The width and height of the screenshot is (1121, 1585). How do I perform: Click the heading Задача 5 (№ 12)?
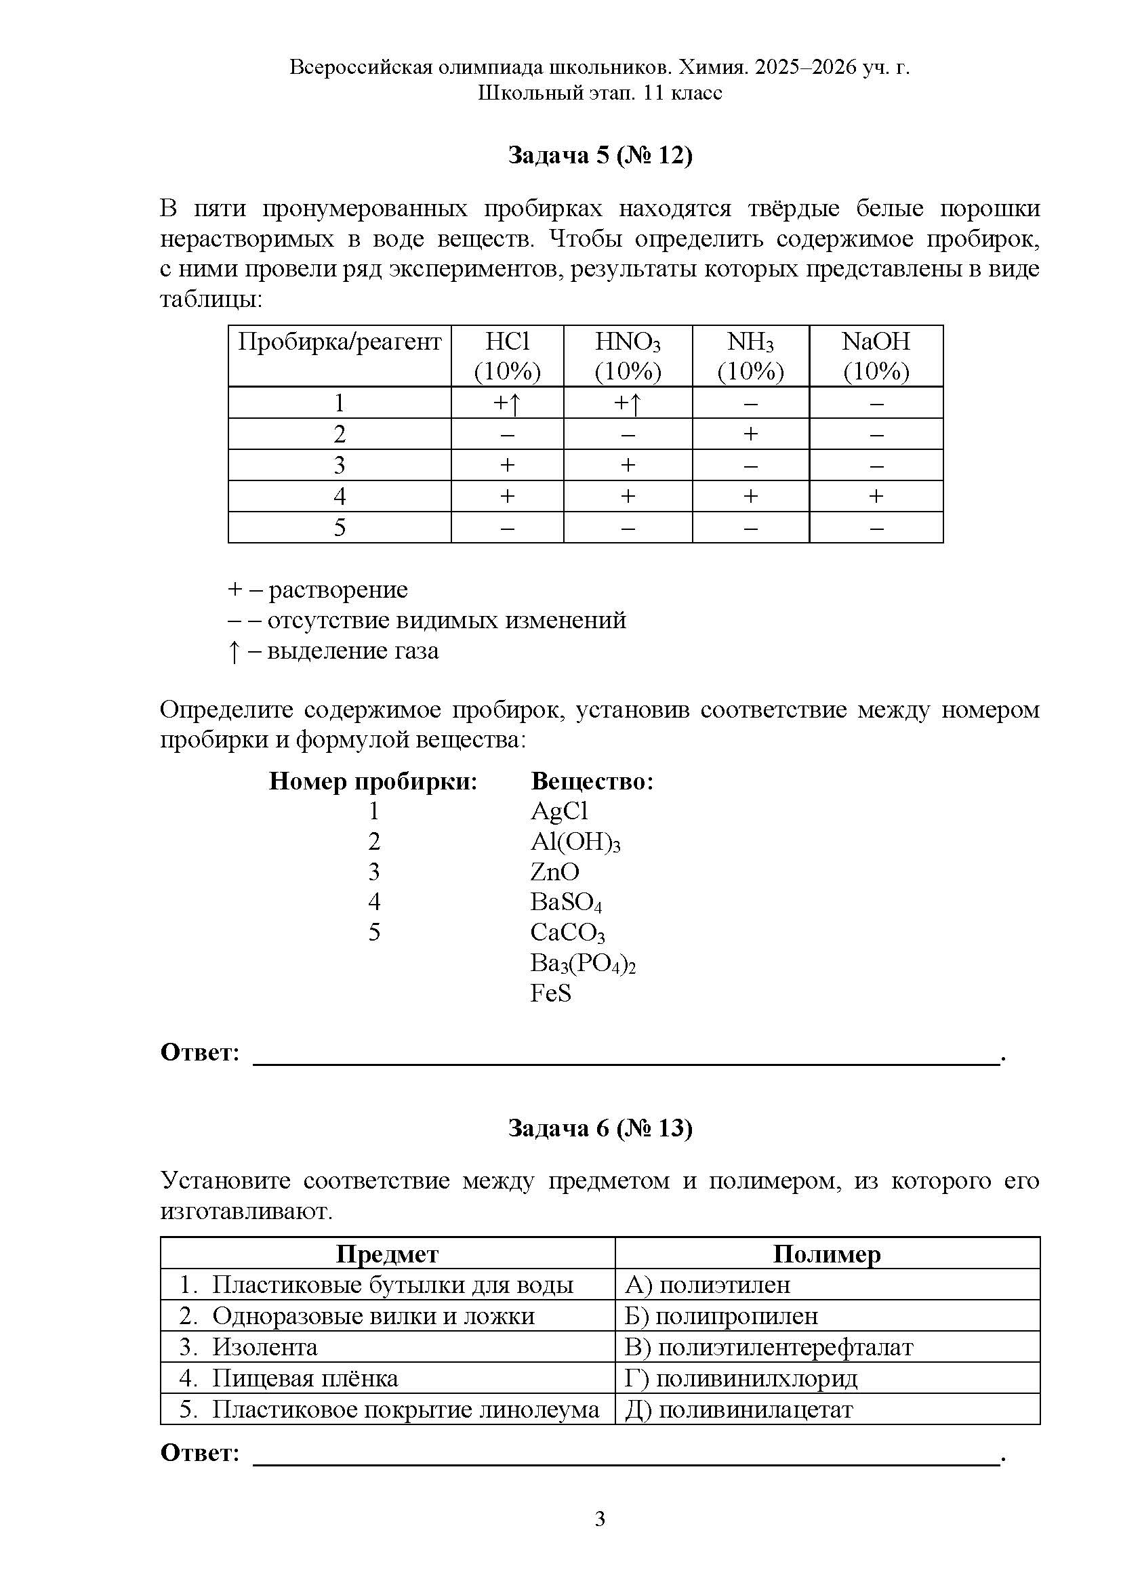tap(600, 155)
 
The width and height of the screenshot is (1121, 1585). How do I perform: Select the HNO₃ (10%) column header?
tap(628, 356)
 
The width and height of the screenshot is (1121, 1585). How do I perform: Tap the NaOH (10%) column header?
tap(875, 356)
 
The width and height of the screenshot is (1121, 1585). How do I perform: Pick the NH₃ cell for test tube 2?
tap(750, 434)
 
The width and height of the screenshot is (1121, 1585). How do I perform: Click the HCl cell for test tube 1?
tap(507, 403)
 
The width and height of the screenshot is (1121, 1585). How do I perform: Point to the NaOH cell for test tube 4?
tap(875, 496)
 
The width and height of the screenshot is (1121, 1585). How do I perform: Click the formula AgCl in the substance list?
tap(559, 811)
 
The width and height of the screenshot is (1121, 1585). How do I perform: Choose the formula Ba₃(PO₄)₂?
tap(583, 963)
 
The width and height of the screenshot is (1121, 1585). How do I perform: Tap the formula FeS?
tap(551, 993)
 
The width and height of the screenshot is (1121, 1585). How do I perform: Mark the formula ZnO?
tap(554, 872)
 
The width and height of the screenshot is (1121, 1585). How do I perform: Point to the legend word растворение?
tap(338, 590)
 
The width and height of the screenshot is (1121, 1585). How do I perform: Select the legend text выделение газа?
tap(352, 651)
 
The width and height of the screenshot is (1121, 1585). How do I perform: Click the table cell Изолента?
tap(265, 1346)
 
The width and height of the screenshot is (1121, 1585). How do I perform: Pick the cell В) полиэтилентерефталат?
tap(769, 1346)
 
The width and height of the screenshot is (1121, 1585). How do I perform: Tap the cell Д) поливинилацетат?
tap(739, 1409)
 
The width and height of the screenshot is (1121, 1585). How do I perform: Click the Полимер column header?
tap(826, 1254)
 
